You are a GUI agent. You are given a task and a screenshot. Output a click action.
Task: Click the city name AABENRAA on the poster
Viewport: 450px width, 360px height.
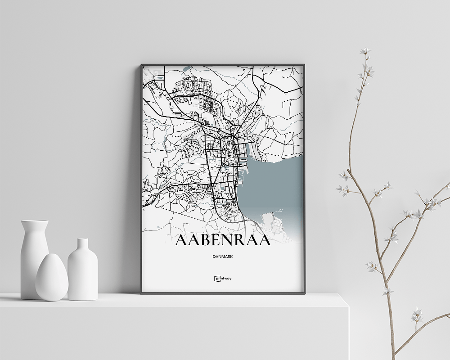[x=223, y=240]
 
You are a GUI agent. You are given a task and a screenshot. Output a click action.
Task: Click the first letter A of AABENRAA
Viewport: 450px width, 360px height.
[x=181, y=240]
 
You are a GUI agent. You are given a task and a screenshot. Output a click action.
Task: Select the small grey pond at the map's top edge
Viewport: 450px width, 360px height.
[x=187, y=69]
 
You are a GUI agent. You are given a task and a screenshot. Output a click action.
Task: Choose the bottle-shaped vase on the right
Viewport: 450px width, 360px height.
[x=82, y=270]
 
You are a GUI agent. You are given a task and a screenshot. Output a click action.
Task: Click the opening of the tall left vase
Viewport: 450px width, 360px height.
[x=35, y=221]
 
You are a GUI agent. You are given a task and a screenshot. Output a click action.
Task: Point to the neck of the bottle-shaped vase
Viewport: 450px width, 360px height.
[x=82, y=245]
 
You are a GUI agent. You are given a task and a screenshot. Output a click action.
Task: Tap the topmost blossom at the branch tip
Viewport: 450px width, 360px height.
[x=365, y=51]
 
